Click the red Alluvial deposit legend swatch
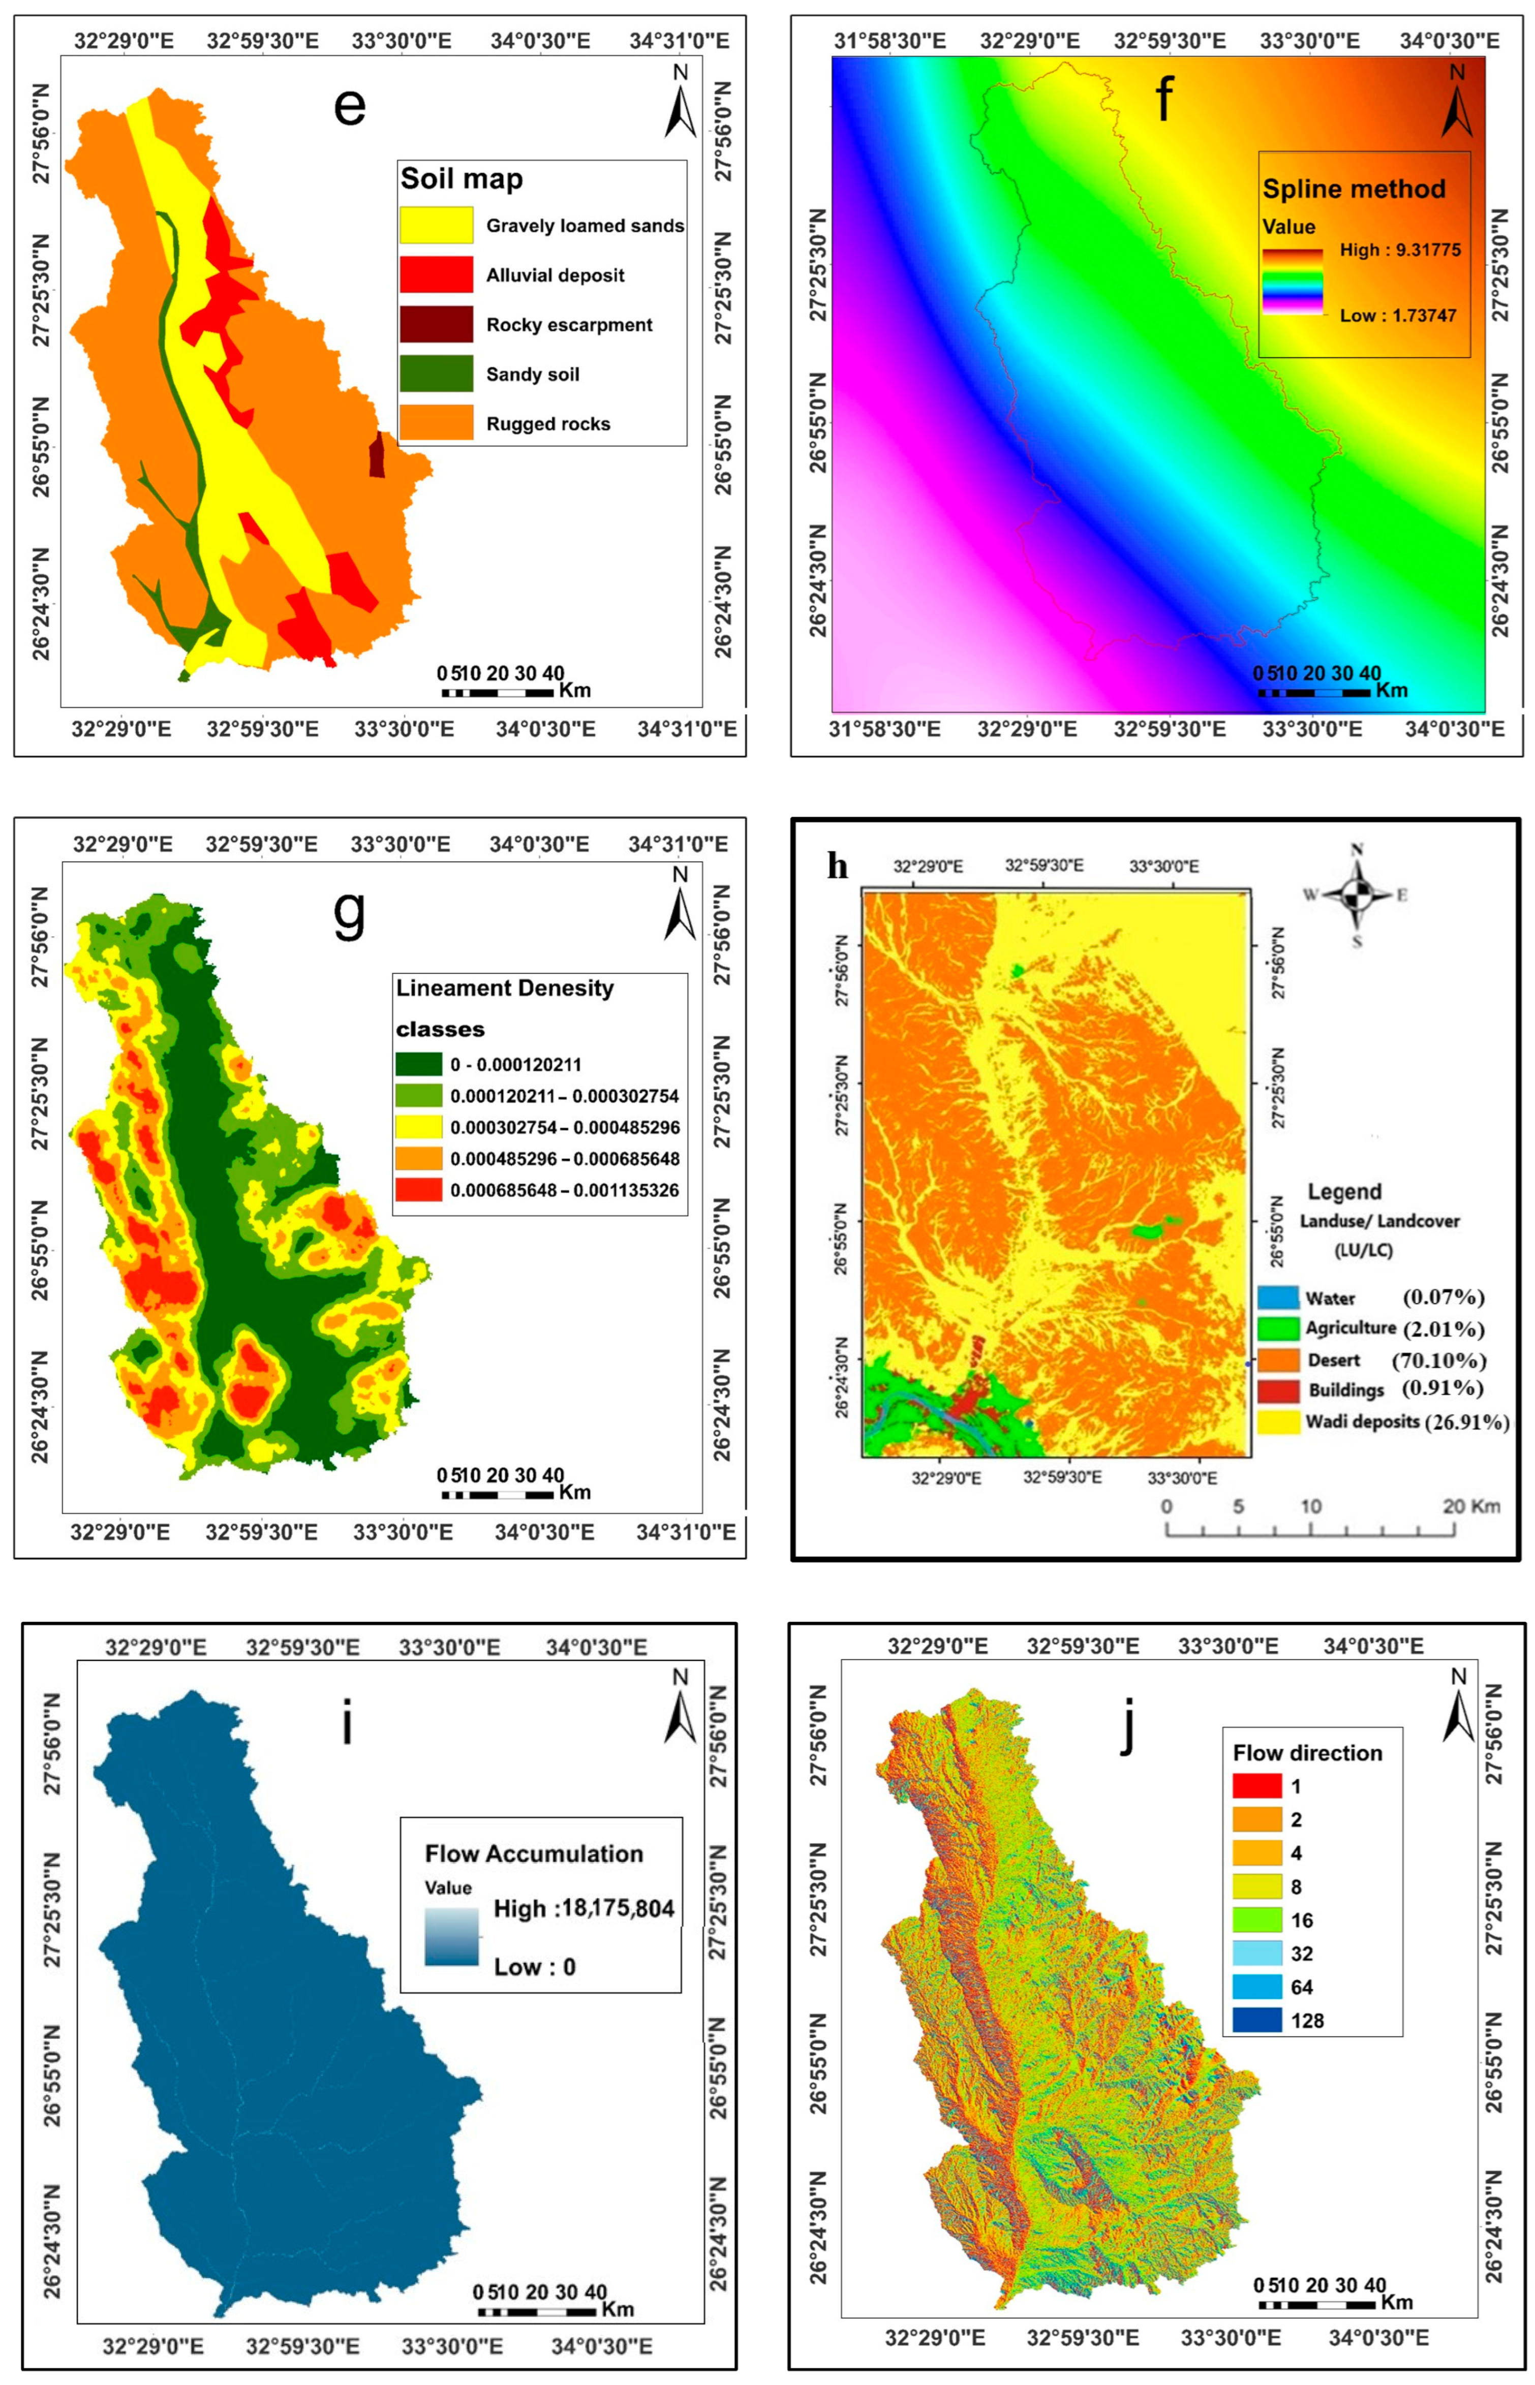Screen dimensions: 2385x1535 436,274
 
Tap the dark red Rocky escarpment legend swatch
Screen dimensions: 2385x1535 436,324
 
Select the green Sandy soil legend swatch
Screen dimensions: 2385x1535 436,374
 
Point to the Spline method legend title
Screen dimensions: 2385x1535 1354,190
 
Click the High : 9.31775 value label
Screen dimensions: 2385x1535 1399,250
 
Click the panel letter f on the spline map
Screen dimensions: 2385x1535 1164,100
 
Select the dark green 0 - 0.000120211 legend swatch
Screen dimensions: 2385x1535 419,1064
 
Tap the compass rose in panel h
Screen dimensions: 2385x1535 1357,894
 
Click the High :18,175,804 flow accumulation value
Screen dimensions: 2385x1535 584,1908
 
